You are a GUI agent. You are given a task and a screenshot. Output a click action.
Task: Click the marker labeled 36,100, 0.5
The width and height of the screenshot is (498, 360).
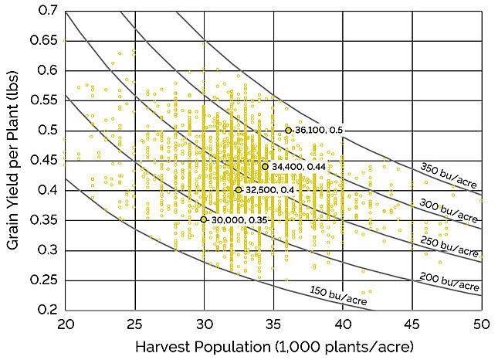[x=288, y=131]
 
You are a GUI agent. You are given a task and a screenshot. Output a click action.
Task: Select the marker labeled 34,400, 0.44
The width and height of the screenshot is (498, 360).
[x=265, y=166]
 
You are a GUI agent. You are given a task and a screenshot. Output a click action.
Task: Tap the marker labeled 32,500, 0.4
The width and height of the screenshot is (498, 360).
[x=239, y=190]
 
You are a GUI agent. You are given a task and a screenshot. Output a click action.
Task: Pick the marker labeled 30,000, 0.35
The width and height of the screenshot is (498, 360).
[x=204, y=219]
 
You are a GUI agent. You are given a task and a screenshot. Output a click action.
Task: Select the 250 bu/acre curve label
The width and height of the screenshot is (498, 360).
[x=449, y=245]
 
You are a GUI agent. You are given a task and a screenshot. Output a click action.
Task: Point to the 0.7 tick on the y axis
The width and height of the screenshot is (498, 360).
[x=48, y=12]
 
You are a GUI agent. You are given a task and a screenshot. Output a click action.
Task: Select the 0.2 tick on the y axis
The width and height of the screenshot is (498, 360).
[x=48, y=310]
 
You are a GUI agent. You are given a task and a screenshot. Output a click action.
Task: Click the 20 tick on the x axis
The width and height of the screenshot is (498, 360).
[x=66, y=323]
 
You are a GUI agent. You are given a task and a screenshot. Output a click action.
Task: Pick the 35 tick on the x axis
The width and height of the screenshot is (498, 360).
[x=273, y=323]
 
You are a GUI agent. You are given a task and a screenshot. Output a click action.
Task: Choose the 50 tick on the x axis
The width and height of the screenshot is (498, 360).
[x=481, y=323]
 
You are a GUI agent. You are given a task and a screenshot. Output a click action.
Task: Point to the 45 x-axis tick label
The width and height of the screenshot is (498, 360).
[x=412, y=323]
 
